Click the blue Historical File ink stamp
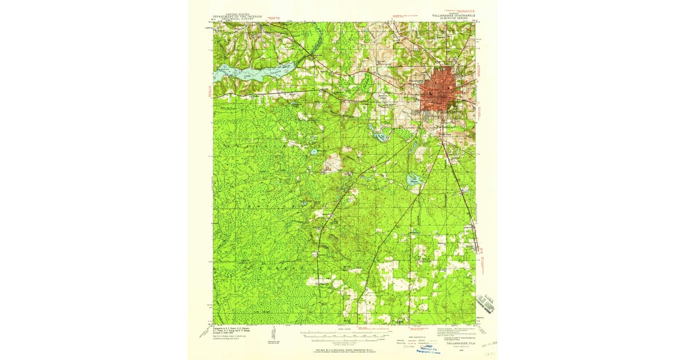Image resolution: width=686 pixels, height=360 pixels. [x=433, y=349]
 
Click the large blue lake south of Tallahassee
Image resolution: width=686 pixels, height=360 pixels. [x=414, y=180]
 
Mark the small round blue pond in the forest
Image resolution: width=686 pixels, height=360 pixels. [x=314, y=153]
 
